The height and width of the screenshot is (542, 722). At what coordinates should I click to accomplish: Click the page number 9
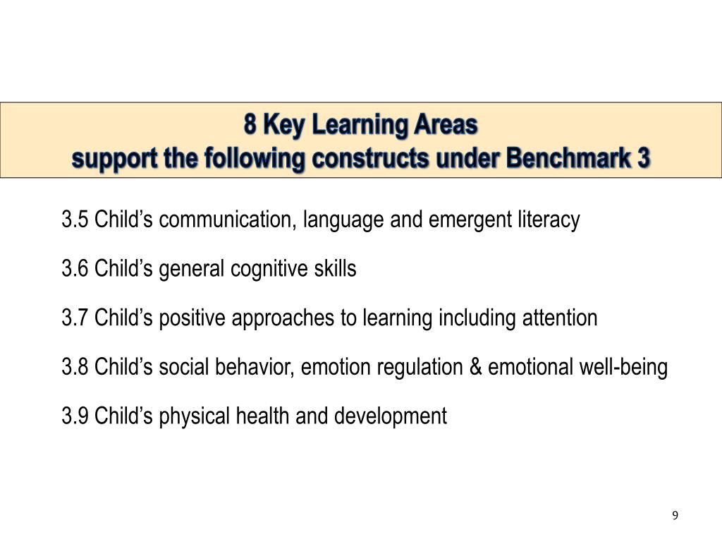point(675,516)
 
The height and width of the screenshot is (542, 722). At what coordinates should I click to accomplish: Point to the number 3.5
point(75,219)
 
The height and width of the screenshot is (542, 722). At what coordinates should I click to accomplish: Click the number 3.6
point(75,269)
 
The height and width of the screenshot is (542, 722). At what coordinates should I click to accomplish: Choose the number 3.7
point(75,318)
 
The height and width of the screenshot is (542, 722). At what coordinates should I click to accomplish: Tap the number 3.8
point(75,367)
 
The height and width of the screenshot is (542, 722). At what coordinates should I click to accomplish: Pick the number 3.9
point(75,416)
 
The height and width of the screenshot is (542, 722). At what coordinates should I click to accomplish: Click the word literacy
point(551,219)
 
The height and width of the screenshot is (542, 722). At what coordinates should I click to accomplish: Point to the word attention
point(559,318)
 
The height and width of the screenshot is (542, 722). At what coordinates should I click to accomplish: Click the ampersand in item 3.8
point(475,367)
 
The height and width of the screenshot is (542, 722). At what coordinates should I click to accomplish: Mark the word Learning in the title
point(351,125)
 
